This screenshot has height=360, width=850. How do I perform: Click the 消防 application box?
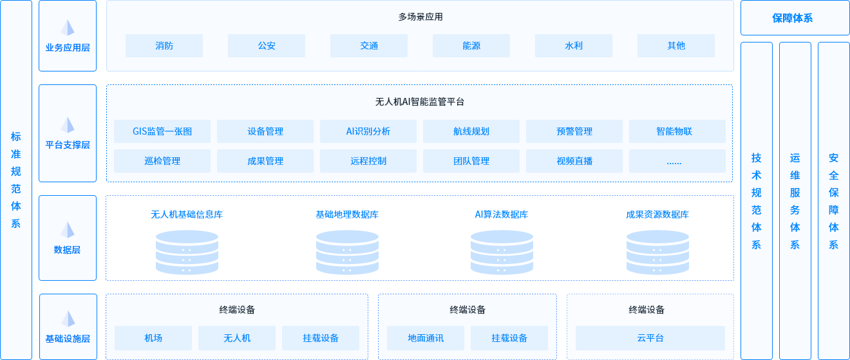[164, 46]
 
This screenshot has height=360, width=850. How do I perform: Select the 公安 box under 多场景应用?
[266, 46]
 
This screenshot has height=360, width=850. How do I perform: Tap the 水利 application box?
[573, 46]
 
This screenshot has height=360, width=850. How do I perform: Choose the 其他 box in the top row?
[675, 46]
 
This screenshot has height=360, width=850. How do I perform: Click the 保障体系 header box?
[795, 18]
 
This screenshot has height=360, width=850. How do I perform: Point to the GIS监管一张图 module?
[162, 131]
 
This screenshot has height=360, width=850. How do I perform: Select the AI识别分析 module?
[368, 131]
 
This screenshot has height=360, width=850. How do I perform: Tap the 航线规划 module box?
[471, 131]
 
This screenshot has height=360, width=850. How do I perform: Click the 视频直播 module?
[574, 161]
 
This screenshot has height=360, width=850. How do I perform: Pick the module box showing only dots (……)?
[677, 161]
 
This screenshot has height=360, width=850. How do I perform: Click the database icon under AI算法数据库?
[502, 252]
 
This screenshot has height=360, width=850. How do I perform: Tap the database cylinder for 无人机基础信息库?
[187, 252]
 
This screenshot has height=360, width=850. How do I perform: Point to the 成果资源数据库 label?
[657, 214]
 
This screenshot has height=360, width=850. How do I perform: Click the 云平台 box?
[650, 338]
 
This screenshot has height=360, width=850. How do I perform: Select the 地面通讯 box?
[426, 338]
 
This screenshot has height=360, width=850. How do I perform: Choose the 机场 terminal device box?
[153, 338]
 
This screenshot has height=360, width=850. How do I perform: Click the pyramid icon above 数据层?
[68, 230]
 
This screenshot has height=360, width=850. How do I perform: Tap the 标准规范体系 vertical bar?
[16, 180]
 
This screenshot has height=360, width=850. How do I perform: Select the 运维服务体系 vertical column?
[795, 200]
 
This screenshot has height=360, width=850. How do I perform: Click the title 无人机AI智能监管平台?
[419, 102]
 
